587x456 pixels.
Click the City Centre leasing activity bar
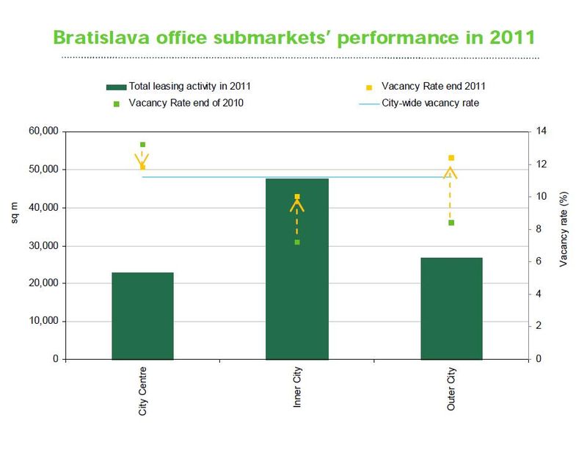pos(142,316)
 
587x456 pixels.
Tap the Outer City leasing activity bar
pos(451,308)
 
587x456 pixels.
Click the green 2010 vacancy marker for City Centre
pos(142,145)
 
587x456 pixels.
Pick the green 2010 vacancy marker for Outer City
pos(451,222)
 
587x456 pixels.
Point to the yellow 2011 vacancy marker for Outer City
pos(451,158)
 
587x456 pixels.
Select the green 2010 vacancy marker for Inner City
pos(297,242)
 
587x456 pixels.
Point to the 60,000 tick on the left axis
pos(43,131)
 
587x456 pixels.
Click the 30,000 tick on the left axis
pos(43,246)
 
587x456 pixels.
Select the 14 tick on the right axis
pos(542,131)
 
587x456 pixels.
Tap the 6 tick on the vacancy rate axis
pos(539,261)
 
